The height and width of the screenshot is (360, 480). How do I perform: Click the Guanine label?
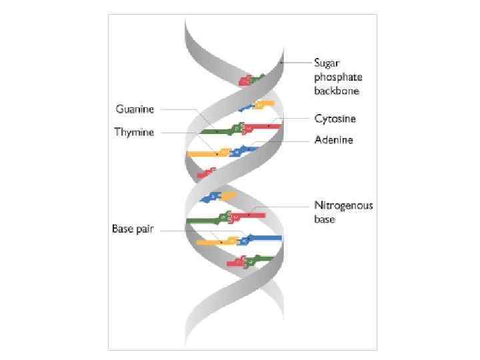135,109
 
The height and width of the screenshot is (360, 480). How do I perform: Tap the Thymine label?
134,132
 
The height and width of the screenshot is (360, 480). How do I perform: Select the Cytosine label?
335,119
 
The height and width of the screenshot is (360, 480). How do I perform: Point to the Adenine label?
334,140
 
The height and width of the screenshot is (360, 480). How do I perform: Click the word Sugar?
327,63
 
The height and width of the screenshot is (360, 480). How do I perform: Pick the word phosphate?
337,77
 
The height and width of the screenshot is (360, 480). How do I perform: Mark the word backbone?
337,91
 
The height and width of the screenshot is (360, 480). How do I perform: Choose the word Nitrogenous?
343,205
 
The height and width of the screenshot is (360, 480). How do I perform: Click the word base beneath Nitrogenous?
325,219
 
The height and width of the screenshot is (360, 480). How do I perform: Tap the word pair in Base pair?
144,229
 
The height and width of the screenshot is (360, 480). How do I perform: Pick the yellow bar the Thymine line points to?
208,154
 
